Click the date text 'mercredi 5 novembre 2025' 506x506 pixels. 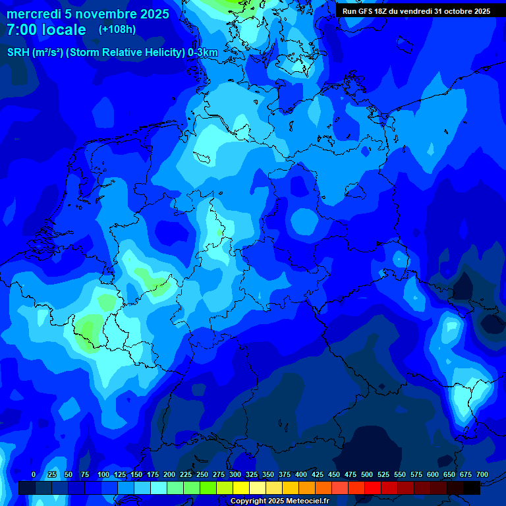pyautogui.click(x=88, y=14)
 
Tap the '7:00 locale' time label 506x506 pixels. pyautogui.click(x=46, y=30)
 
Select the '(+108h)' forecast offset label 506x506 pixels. pyautogui.click(x=117, y=30)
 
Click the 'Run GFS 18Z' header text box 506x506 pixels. pyautogui.click(x=416, y=11)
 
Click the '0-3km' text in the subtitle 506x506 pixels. pyautogui.click(x=202, y=53)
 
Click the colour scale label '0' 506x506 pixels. pyautogui.click(x=34, y=475)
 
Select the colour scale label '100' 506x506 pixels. pyautogui.click(x=103, y=475)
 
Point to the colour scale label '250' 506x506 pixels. pyautogui.click(x=202, y=475)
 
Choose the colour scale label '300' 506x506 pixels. pyautogui.click(x=235, y=475)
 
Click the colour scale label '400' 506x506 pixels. pyautogui.click(x=301, y=475)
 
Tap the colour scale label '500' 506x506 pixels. pyautogui.click(x=367, y=475)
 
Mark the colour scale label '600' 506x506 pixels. pyautogui.click(x=433, y=475)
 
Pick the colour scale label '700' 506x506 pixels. pyautogui.click(x=482, y=475)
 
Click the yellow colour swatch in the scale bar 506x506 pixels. pyautogui.click(x=241, y=488)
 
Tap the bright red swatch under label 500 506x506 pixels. pyautogui.click(x=373, y=488)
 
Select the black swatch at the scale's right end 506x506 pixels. pyautogui.click(x=472, y=488)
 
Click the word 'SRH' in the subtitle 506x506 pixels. pyautogui.click(x=18, y=53)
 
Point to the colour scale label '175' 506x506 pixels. pyautogui.click(x=153, y=475)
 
